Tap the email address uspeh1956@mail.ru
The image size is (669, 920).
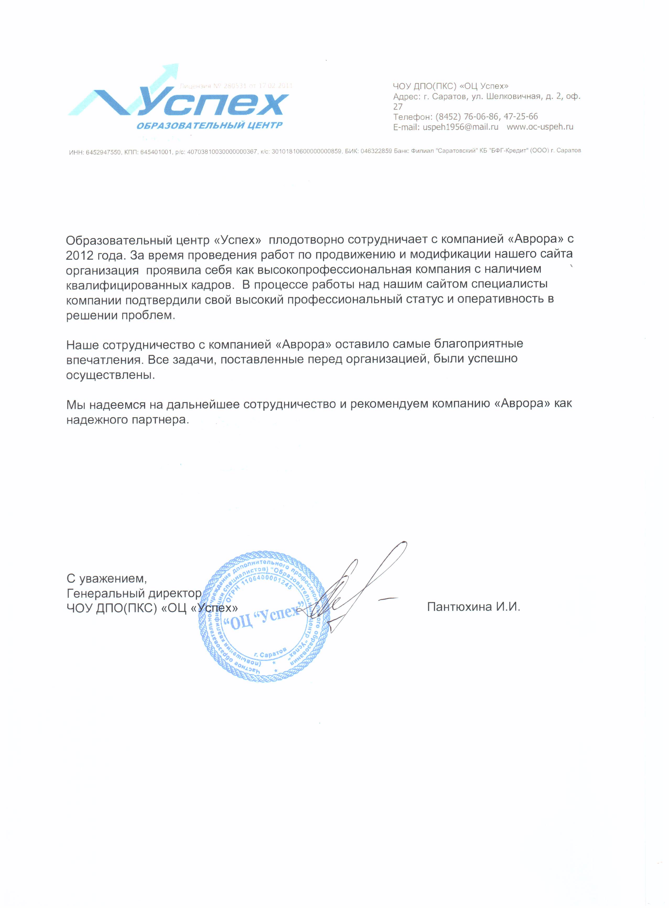[x=461, y=127]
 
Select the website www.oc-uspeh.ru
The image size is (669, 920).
[x=540, y=127]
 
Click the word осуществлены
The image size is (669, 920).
[x=110, y=375]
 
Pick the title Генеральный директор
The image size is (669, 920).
[x=134, y=593]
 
